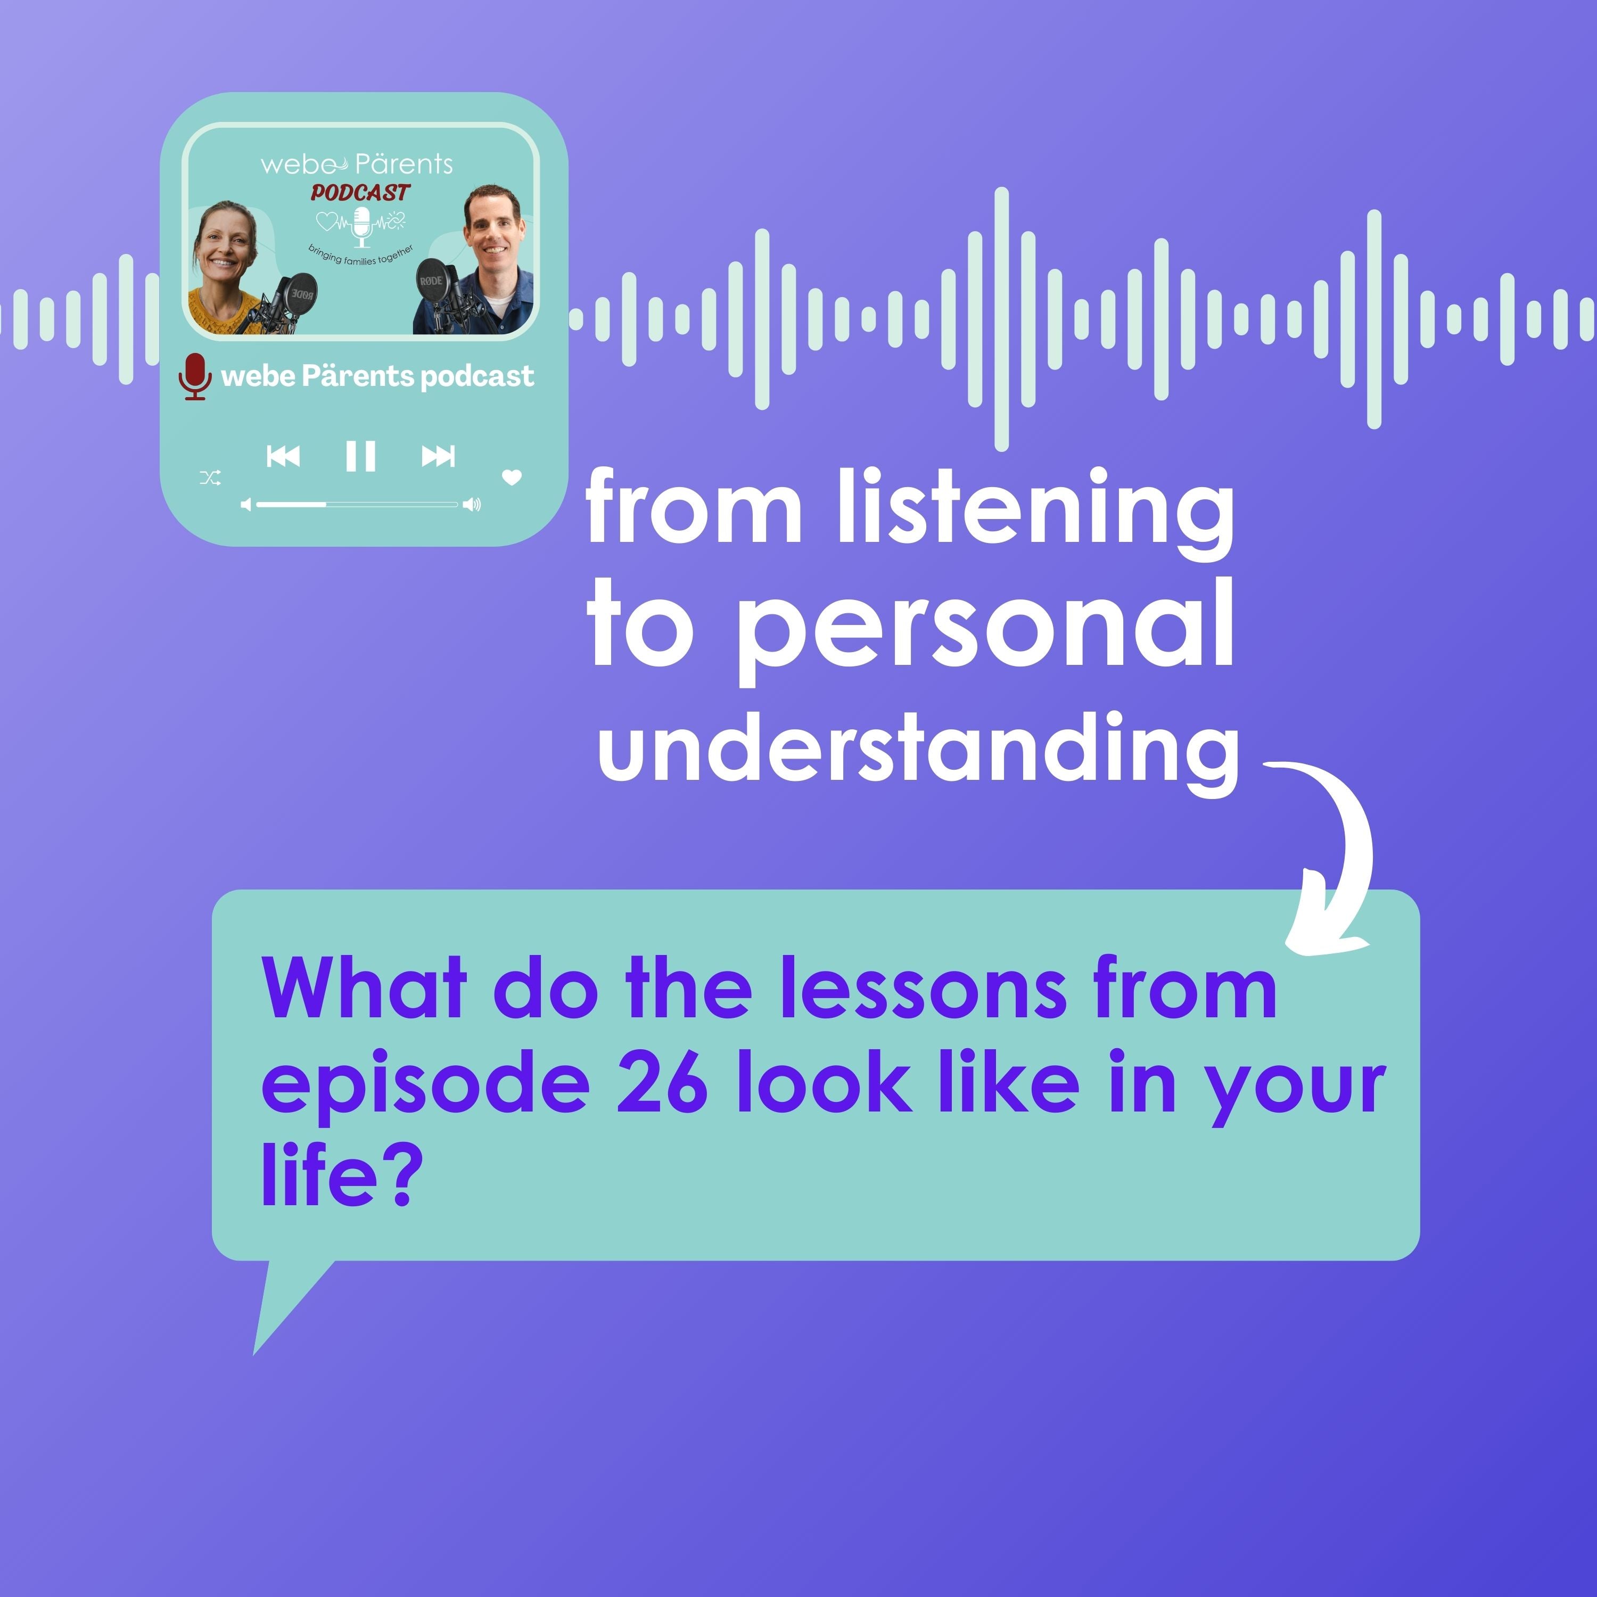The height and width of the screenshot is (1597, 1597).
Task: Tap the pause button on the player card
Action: [x=360, y=456]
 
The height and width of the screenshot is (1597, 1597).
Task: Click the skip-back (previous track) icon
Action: [x=283, y=456]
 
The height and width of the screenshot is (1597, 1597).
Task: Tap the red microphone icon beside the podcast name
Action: [x=195, y=377]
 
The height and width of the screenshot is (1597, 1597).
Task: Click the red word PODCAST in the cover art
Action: [x=360, y=193]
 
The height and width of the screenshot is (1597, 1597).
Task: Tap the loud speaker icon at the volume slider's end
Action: [x=471, y=504]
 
